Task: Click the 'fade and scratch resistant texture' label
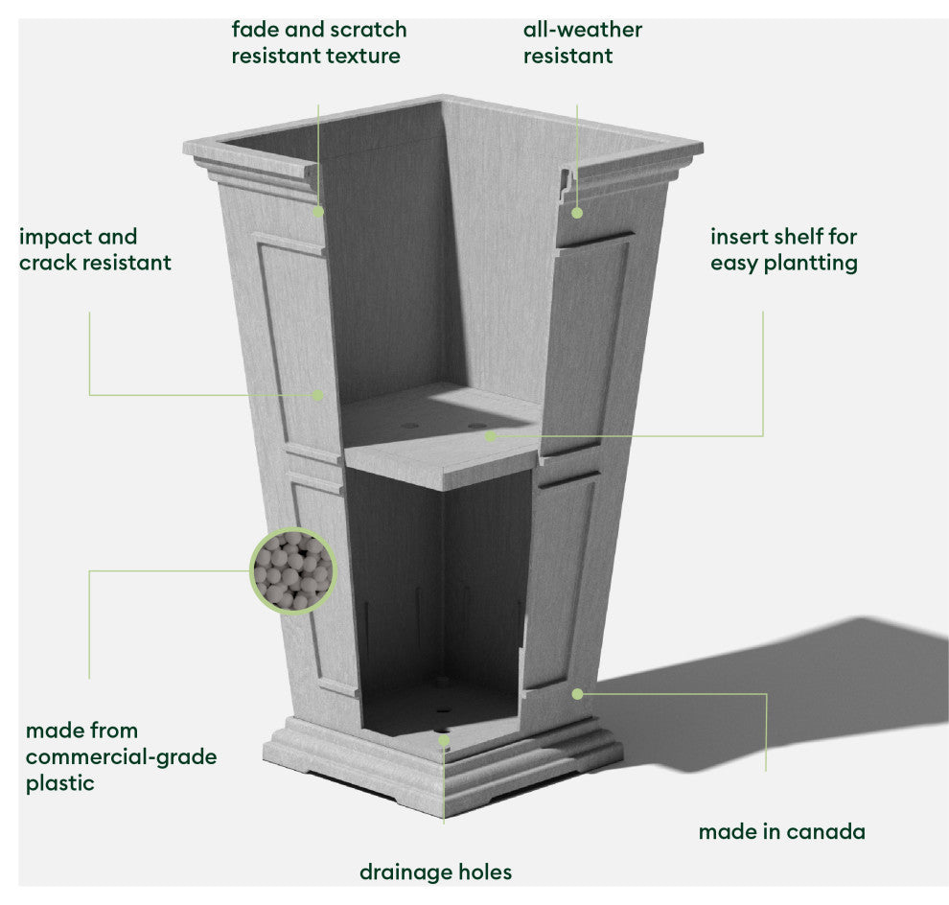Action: (318, 43)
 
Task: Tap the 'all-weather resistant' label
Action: (582, 43)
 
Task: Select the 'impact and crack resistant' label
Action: (95, 249)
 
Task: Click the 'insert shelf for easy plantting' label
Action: (783, 249)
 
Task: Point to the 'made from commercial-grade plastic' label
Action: (121, 756)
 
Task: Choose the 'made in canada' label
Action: (781, 831)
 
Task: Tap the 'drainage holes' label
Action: (435, 871)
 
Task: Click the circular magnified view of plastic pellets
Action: (293, 571)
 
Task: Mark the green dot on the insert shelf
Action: (491, 436)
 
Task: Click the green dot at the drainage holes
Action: (444, 740)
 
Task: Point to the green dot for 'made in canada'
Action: (577, 692)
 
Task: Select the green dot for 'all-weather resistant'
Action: (577, 212)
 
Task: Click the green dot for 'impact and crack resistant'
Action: (318, 394)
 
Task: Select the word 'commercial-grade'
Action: (121, 756)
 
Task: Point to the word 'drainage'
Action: (403, 871)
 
